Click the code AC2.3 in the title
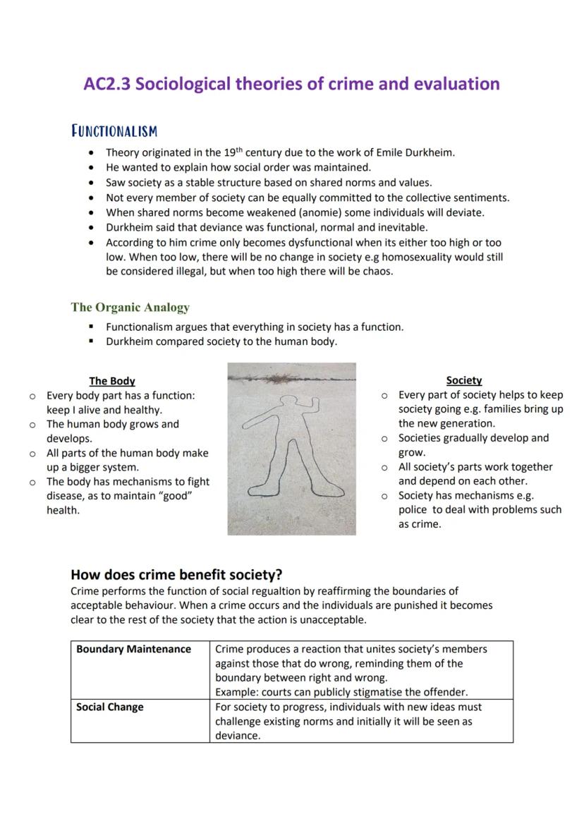pyautogui.click(x=107, y=84)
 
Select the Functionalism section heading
pyautogui.click(x=114, y=131)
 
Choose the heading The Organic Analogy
pyautogui.click(x=130, y=308)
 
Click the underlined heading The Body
pyautogui.click(x=112, y=381)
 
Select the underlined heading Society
pyautogui.click(x=464, y=380)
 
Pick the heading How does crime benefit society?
pyautogui.click(x=177, y=574)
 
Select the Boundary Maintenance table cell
pyautogui.click(x=134, y=649)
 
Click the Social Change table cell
pyautogui.click(x=110, y=707)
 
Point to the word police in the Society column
pyautogui.click(x=413, y=510)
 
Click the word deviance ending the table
pyautogui.click(x=238, y=736)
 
